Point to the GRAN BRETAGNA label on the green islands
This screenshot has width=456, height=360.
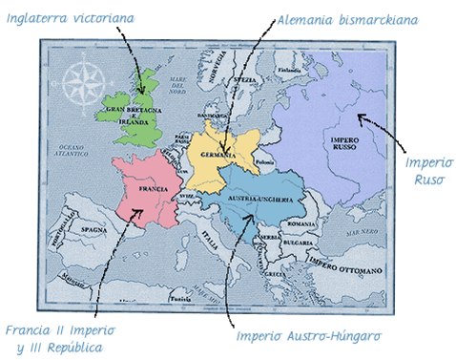tap(130, 116)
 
